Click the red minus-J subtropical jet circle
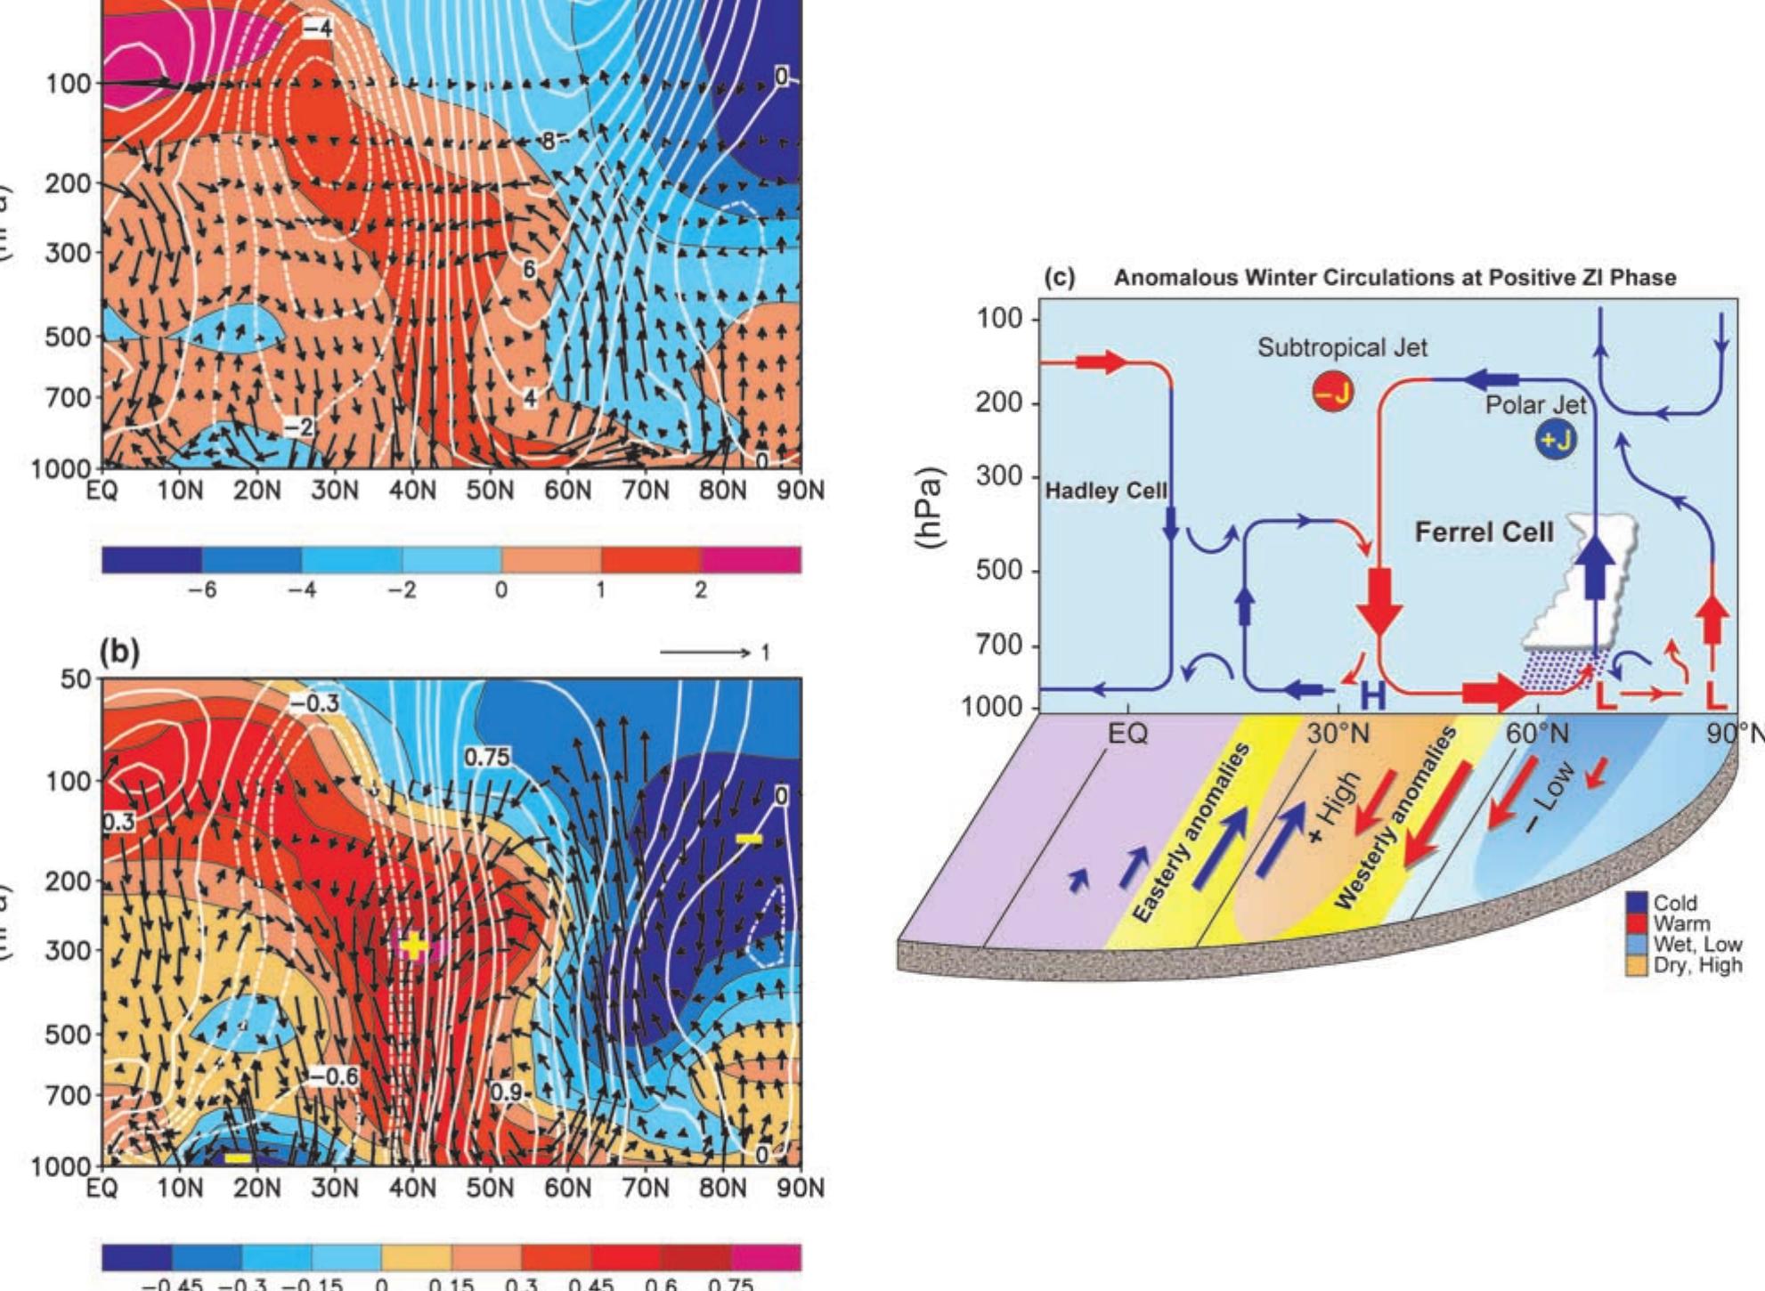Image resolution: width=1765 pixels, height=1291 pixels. point(1332,392)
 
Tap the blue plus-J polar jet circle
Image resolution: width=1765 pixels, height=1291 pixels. point(1555,440)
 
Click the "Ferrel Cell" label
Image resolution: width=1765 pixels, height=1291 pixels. point(1484,532)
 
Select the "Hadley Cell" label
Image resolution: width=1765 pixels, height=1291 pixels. point(1105,491)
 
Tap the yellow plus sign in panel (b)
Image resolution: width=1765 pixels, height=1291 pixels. point(415,945)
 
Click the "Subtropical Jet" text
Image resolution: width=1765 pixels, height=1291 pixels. point(1342,347)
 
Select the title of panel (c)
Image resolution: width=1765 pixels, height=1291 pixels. point(1395,278)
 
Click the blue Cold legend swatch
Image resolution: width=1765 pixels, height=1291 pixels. point(1638,903)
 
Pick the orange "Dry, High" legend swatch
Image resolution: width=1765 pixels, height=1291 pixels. point(1638,965)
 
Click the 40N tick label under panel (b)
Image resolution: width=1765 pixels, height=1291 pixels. point(412,1189)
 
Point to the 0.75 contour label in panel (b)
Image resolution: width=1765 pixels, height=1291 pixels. point(487,757)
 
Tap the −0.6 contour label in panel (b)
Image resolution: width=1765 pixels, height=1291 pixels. point(334,1076)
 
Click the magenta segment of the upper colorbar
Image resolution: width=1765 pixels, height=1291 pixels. point(751,560)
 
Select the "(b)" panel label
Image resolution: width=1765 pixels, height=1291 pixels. point(119,654)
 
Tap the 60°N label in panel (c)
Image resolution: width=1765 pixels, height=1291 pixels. point(1538,735)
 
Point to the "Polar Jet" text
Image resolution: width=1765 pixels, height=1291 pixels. point(1535,405)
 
